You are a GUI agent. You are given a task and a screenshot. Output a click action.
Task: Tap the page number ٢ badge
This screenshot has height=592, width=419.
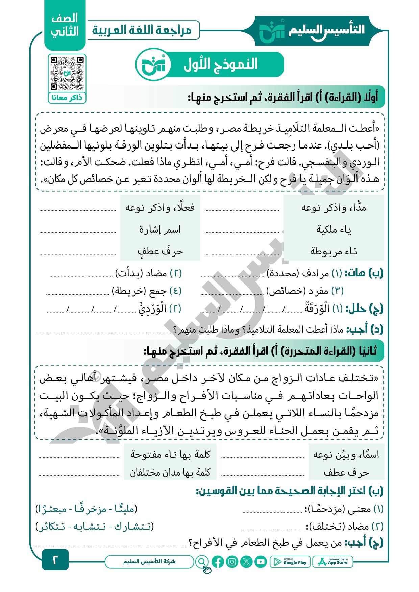(x=55, y=560)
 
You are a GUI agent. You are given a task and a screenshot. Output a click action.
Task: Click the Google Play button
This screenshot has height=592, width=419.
(x=290, y=562)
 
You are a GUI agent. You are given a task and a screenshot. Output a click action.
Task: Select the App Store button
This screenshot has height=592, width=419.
(x=333, y=562)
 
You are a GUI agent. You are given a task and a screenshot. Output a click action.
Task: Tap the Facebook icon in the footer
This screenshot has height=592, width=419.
(x=218, y=562)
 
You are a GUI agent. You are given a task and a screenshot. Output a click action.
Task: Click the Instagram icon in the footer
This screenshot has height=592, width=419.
(x=232, y=562)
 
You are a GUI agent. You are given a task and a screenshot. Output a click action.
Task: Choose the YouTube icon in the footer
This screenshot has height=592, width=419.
(x=261, y=562)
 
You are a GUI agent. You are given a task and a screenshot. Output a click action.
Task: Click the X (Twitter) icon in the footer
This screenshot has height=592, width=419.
(x=246, y=562)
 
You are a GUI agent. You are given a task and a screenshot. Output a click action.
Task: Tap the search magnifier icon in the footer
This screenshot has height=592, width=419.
(x=202, y=562)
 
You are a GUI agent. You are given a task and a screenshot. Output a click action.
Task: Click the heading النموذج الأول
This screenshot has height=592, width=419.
(x=221, y=64)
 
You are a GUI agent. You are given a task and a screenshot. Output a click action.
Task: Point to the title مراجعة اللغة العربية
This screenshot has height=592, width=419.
(x=142, y=30)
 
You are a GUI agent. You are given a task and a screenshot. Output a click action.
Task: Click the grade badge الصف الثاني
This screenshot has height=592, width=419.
(x=65, y=25)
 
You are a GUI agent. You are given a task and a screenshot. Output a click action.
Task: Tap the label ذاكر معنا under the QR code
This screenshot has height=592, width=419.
(x=67, y=98)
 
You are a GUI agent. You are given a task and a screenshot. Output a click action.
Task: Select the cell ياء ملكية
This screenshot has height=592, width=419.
(x=334, y=230)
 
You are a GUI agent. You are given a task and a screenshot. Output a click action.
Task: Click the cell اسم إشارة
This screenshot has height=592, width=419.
(x=160, y=230)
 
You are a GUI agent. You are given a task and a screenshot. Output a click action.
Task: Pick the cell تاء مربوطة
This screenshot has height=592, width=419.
(x=334, y=251)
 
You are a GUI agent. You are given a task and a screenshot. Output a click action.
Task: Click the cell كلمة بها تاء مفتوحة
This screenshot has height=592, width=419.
(x=170, y=454)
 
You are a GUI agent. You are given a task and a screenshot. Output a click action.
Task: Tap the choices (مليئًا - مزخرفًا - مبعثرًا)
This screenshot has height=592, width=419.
(x=87, y=509)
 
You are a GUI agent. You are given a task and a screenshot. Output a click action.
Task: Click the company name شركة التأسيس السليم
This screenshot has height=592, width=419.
(x=149, y=561)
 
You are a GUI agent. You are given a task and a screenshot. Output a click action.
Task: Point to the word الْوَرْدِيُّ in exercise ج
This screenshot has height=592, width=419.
(x=152, y=308)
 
